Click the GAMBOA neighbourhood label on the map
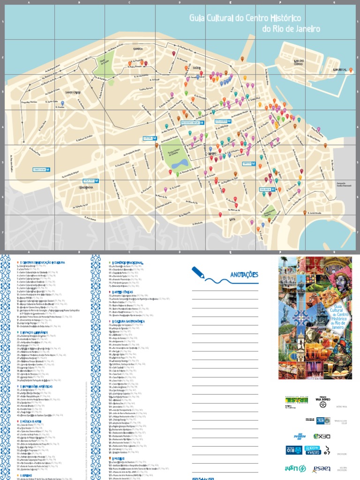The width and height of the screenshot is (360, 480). coord(138,48)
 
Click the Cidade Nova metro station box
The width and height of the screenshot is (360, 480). coord(42,169)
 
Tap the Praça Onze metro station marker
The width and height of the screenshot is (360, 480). coord(90,180)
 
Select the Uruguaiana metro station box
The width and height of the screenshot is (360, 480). coord(224,121)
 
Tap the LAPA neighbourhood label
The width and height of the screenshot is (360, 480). coord(232,218)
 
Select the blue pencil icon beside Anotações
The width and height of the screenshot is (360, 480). coord(197,272)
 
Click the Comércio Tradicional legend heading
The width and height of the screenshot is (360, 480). coord(127,263)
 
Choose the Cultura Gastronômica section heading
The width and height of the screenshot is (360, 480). coord(130,322)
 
